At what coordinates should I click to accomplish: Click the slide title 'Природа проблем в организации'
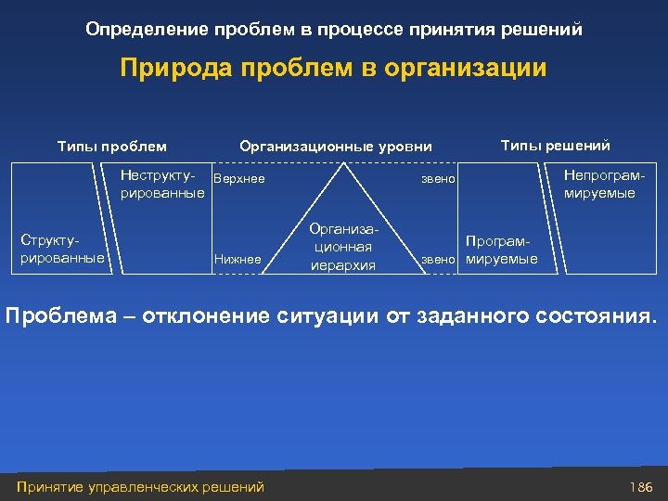coord(334,69)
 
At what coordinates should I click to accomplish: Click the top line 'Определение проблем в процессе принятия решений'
coord(334,29)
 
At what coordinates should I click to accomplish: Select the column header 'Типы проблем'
coord(112,146)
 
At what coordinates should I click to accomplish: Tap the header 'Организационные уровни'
coord(335,146)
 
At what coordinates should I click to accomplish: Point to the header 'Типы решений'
coord(555,145)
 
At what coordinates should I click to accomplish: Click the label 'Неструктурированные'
coord(162,185)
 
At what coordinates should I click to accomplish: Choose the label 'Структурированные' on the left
coord(62,250)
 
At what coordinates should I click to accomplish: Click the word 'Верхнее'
coord(239,178)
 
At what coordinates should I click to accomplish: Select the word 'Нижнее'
coord(238,260)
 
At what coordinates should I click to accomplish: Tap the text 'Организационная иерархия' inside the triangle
coord(343,247)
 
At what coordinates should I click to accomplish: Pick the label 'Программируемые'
coord(501,250)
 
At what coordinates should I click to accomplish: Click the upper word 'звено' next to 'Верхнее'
coord(438,178)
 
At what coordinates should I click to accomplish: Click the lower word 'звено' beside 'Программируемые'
coord(440,260)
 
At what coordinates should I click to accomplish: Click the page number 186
coord(641,486)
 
